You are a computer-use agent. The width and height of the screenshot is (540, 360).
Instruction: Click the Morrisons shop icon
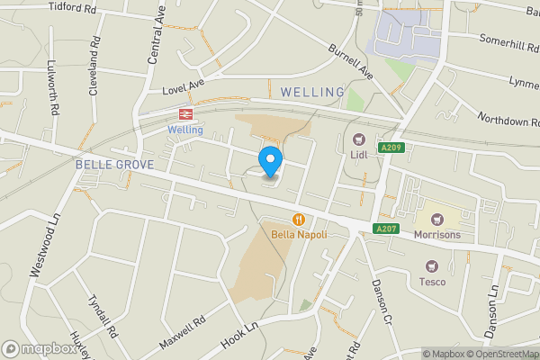tap(437, 220)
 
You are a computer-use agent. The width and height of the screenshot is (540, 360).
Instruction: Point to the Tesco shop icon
tap(431, 266)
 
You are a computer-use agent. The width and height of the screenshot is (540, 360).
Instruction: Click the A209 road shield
tap(389, 148)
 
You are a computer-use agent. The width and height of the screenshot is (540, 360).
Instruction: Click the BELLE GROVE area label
tap(114, 165)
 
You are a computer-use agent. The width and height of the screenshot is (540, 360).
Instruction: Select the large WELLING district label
tap(312, 92)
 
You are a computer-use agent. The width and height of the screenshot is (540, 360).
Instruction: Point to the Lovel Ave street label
tap(184, 90)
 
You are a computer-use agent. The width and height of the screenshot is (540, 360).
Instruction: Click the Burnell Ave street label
tap(350, 60)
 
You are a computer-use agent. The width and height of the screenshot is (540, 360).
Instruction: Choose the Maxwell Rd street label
tap(182, 332)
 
